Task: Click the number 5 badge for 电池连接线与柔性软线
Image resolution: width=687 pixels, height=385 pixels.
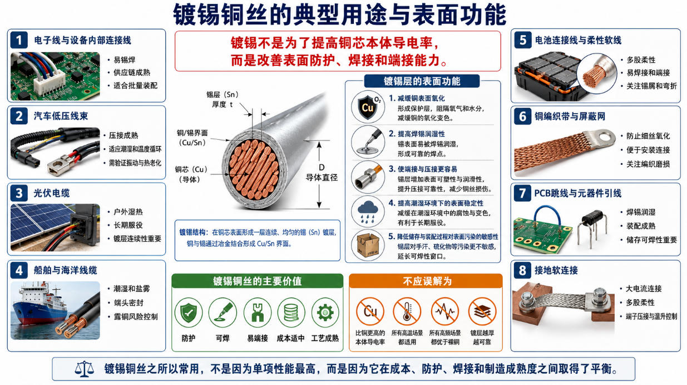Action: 523,40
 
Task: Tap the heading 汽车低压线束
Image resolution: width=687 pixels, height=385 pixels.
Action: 61,116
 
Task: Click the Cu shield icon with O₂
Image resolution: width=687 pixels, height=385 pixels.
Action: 368,106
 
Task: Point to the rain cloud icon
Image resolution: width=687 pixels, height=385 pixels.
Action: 368,212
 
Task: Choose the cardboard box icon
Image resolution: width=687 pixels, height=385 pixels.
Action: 368,246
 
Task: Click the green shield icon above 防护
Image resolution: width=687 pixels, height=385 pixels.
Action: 189,313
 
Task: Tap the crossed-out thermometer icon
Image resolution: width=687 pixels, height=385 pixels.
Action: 407,311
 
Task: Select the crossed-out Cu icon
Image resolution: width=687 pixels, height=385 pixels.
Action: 370,311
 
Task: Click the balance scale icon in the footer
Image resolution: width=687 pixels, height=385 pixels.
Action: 84,369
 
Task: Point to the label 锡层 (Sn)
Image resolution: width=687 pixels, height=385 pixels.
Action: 223,94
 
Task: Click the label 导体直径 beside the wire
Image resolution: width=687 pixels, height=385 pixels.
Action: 322,178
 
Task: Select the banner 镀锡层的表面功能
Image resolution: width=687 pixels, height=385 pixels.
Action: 422,81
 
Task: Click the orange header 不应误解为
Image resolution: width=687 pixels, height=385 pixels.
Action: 426,281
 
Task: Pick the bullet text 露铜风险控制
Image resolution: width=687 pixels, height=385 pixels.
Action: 136,317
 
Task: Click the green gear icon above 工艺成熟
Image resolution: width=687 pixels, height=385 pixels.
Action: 325,313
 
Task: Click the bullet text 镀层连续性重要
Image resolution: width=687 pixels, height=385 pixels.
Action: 137,238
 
